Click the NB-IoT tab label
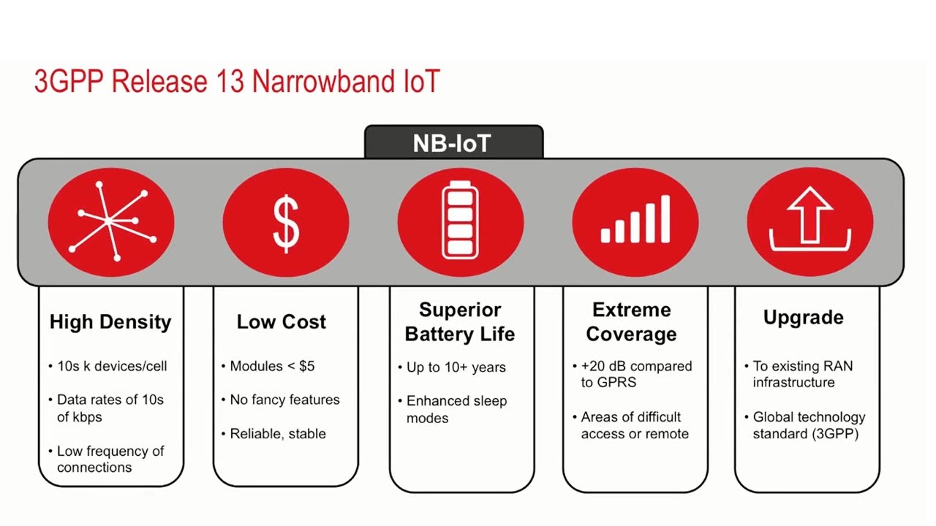(453, 142)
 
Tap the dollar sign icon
(286, 222)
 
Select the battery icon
(460, 222)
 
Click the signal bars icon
(635, 219)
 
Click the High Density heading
(110, 322)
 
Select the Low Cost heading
(282, 322)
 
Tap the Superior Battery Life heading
(460, 322)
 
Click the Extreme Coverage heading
(632, 322)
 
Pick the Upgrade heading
(804, 318)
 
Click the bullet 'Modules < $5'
(272, 366)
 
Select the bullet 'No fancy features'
(284, 400)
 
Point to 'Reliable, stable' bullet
(278, 434)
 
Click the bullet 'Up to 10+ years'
(456, 367)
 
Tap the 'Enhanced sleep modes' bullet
(456, 409)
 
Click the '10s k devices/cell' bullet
(112, 366)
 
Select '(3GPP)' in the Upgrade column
(834, 434)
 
